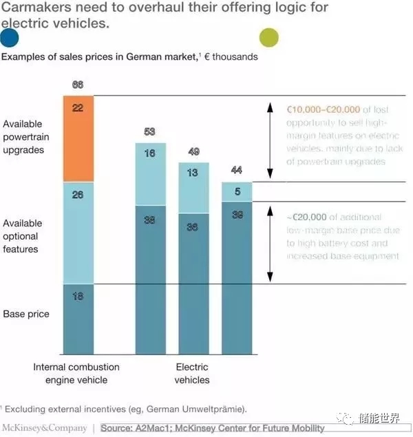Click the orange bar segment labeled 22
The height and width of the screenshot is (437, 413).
coord(77,138)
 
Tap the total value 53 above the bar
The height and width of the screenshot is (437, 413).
coord(149,132)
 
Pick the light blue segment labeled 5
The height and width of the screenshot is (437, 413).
coord(237,191)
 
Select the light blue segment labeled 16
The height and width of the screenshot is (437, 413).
coord(149,173)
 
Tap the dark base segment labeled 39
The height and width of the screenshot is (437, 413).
coord(237,275)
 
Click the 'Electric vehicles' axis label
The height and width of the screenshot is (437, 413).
coord(191,374)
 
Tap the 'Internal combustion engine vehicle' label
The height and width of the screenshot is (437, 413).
coord(76,374)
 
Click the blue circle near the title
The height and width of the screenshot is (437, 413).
coord(10,37)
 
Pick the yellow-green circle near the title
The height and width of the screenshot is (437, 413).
coord(268,37)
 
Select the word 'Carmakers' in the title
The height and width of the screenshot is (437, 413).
coord(32,8)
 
